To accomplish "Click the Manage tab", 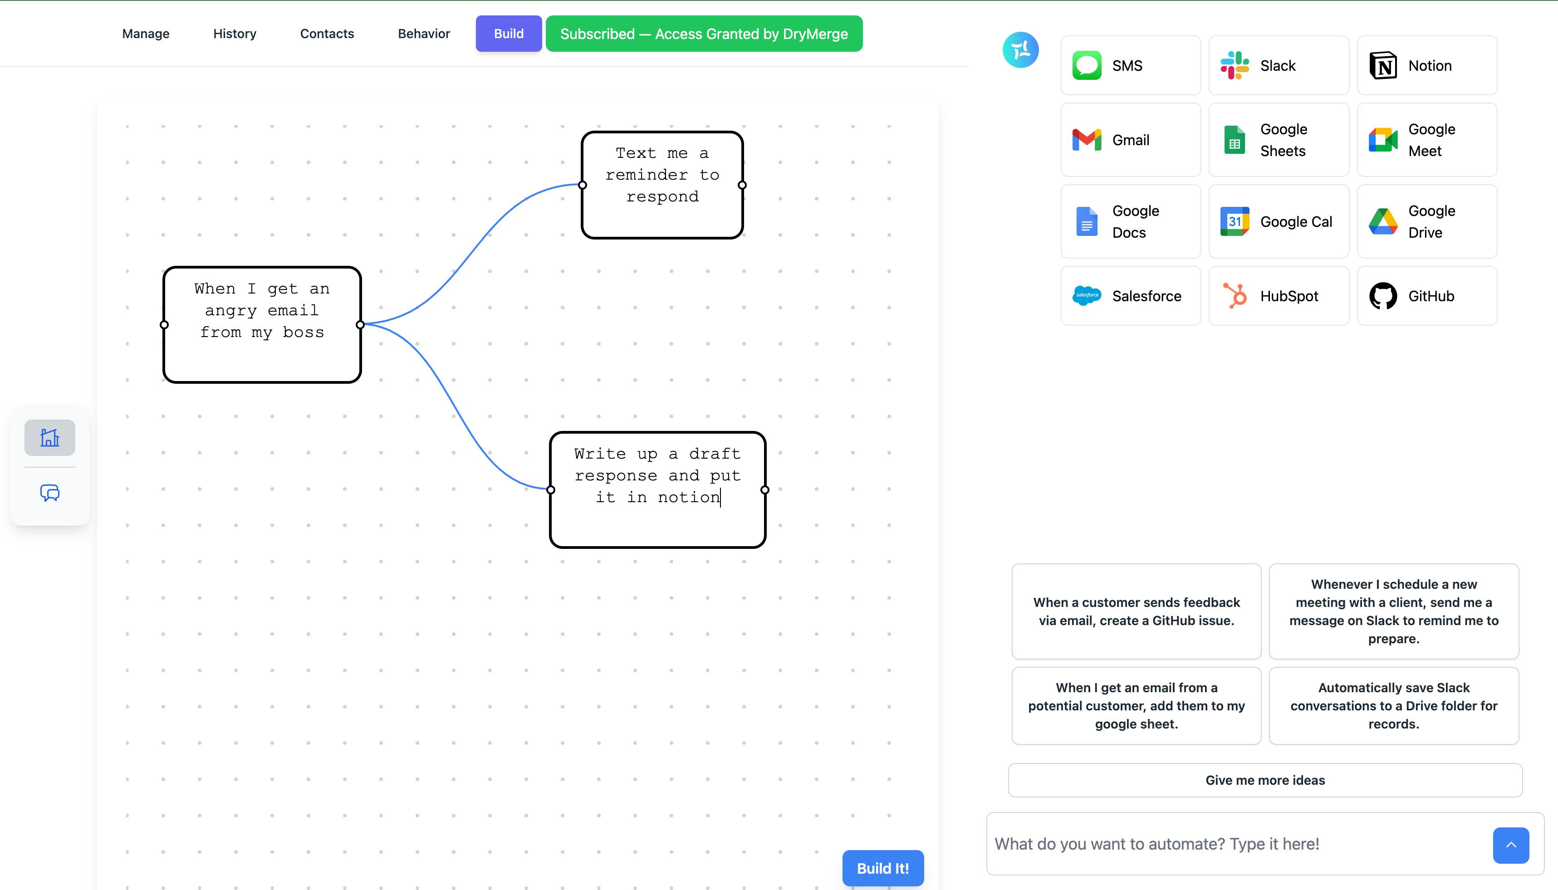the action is pos(146,34).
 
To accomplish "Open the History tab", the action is pos(235,34).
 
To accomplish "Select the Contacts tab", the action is pos(327,34).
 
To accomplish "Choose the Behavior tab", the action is pos(424,34).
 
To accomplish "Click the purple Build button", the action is pos(509,34).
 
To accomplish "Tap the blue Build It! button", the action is pos(882,868).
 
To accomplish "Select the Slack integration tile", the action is pos(1279,65).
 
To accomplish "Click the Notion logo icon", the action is pos(1383,65).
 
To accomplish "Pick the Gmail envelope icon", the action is pos(1087,140).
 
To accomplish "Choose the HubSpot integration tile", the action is pos(1279,296).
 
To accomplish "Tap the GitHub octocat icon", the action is pos(1383,296).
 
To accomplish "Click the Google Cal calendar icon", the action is pos(1235,221).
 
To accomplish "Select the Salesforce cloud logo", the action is pos(1087,296).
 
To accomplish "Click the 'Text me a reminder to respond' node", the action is pos(662,185).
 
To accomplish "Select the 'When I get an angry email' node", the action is pos(262,325).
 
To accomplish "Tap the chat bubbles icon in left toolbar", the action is pos(49,493).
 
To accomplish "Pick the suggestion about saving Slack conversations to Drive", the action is pos(1394,706).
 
